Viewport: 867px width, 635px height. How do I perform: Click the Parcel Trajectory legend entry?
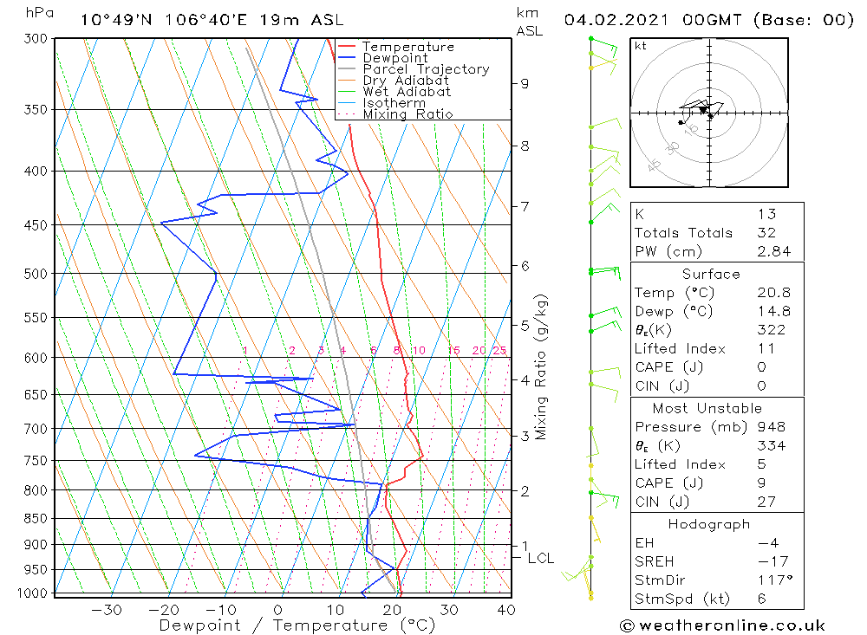[426, 69]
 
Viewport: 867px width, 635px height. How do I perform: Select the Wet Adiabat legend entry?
[407, 92]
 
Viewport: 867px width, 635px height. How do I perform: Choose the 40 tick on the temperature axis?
[505, 610]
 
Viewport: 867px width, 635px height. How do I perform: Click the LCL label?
[540, 559]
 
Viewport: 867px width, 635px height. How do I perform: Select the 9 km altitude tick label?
[525, 84]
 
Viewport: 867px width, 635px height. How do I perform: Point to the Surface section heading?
[711, 275]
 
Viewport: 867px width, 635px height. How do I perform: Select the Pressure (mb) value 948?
[771, 427]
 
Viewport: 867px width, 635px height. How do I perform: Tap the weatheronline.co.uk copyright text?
[722, 625]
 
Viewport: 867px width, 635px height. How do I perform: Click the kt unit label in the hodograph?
[640, 46]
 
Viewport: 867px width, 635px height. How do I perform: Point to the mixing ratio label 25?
[499, 351]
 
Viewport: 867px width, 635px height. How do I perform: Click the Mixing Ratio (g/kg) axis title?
[541, 366]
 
